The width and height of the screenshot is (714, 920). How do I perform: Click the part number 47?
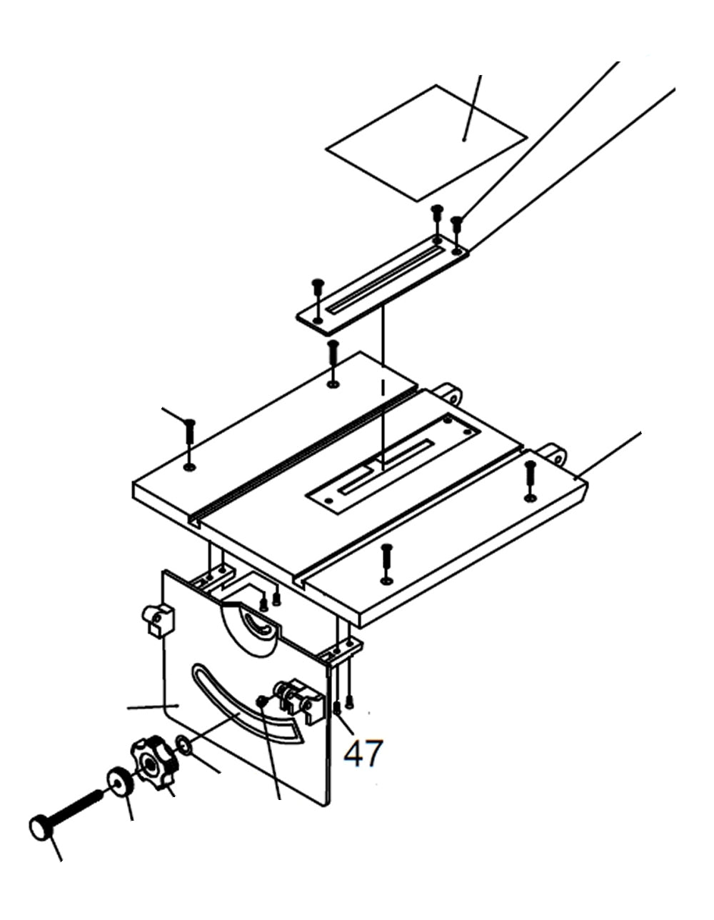[363, 753]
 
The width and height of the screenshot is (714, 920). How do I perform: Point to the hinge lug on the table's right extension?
[553, 453]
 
